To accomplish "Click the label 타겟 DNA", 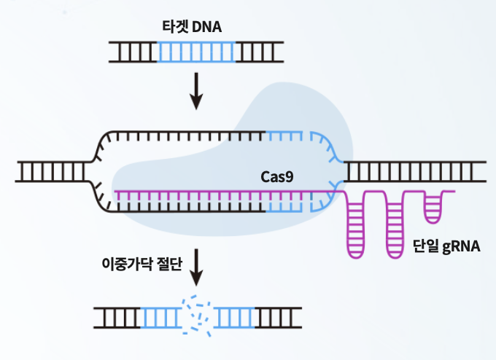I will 192,27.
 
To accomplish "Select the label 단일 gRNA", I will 446,247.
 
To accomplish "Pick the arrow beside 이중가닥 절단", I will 196,269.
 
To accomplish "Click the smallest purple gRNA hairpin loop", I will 433,207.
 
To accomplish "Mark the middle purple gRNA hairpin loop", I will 395,222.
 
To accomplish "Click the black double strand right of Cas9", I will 416,171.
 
